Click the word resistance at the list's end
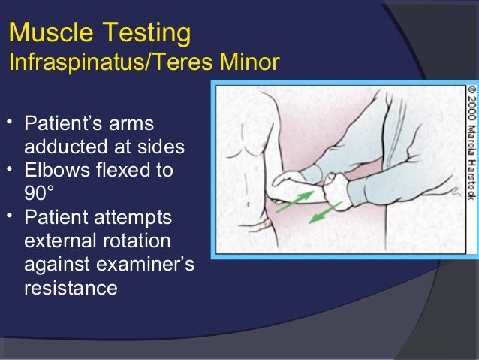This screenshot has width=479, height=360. click(71, 288)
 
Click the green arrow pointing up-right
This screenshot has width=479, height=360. click(294, 201)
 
